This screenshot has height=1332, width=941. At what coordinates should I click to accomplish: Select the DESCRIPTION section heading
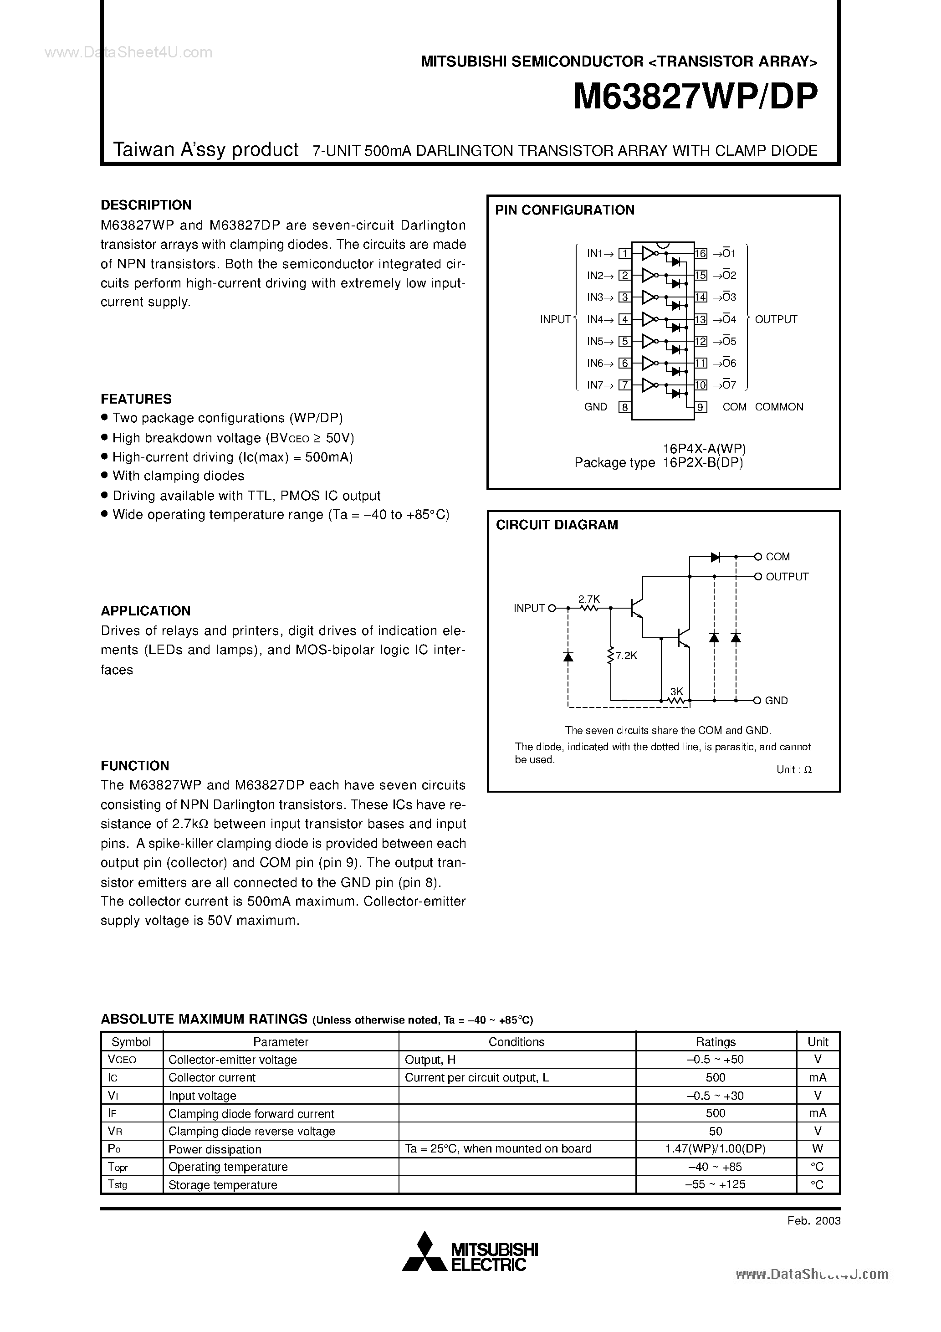tap(146, 205)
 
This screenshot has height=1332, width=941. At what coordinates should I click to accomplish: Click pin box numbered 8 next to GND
tap(624, 407)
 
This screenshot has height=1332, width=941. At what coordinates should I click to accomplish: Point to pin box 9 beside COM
tap(701, 407)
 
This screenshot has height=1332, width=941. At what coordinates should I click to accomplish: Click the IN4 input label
tap(595, 319)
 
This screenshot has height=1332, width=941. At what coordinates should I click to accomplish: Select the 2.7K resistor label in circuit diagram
tap(589, 599)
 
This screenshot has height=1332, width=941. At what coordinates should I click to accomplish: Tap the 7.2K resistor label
tap(627, 656)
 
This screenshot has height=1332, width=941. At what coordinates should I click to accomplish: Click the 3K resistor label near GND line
tap(676, 692)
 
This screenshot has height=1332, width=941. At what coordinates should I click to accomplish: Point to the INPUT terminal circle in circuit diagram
tap(552, 608)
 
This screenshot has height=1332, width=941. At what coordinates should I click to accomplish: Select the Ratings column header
tap(716, 1042)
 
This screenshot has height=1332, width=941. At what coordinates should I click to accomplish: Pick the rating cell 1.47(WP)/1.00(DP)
tap(716, 1149)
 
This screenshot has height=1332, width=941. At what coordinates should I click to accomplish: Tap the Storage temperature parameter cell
tap(223, 1185)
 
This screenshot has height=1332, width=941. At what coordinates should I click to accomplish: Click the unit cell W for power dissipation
tap(818, 1149)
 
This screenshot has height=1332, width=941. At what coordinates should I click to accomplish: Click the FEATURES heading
tap(136, 399)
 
